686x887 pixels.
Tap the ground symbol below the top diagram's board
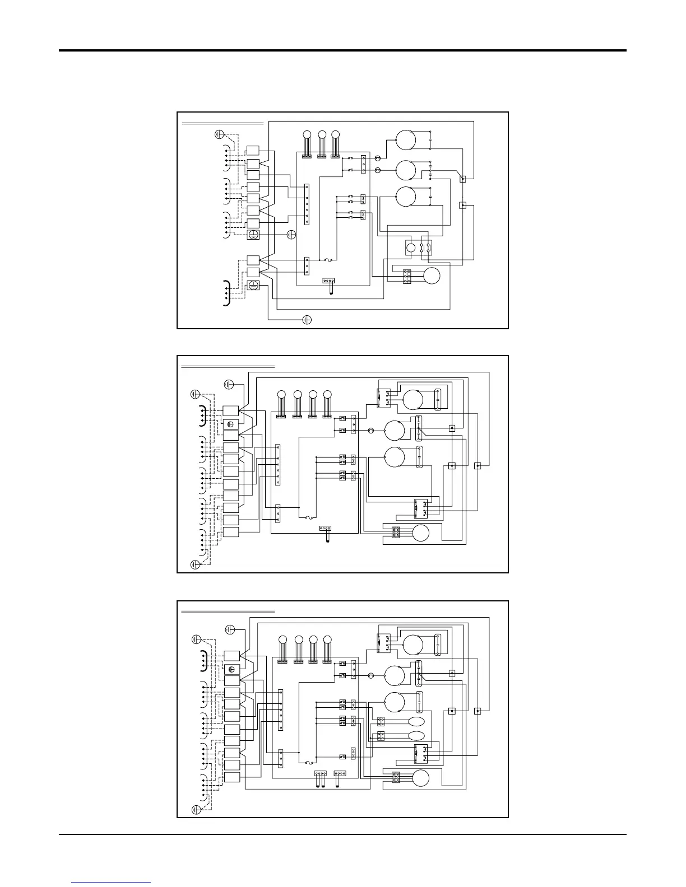307,320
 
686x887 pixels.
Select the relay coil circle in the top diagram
411,248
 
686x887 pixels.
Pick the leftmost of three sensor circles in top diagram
307,134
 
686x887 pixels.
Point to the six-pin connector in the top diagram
408,276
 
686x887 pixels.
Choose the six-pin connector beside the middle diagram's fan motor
395,532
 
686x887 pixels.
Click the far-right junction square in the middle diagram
478,465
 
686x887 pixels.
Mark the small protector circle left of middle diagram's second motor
370,431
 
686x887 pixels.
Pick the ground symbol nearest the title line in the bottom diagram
229,629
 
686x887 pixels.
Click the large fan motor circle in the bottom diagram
420,778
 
